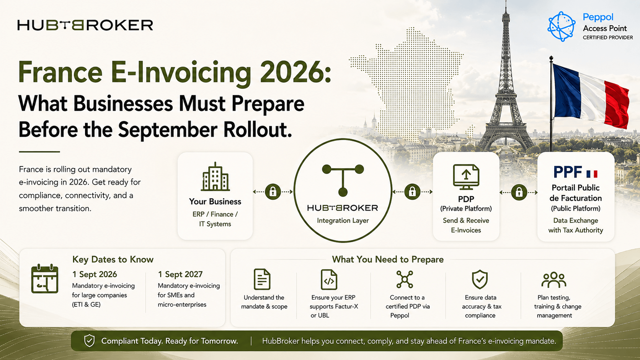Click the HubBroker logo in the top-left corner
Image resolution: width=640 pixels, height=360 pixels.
tap(85, 25)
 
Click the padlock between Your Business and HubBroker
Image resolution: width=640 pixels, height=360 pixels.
tap(273, 192)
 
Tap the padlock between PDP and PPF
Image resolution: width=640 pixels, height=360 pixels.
tap(519, 192)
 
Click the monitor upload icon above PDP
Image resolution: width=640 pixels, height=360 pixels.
tap(466, 177)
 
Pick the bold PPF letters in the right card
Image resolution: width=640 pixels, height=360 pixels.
tap(568, 172)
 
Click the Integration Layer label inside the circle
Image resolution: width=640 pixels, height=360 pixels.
tap(343, 220)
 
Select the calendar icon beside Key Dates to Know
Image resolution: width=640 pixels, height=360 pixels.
tap(44, 279)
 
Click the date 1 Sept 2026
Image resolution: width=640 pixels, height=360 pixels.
tap(95, 274)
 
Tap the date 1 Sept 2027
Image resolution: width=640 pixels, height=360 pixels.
tap(180, 274)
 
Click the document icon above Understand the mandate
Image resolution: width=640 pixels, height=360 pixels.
tap(262, 279)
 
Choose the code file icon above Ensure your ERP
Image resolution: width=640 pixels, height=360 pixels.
tap(329, 280)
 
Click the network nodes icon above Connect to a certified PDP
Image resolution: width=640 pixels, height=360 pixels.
tap(405, 279)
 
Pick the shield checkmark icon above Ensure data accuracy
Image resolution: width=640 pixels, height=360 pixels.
tap(480, 279)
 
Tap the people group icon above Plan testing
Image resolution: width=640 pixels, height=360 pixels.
tap(554, 280)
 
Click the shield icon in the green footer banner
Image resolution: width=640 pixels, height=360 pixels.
tap(89, 340)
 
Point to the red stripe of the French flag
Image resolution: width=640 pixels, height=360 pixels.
tap(617, 104)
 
